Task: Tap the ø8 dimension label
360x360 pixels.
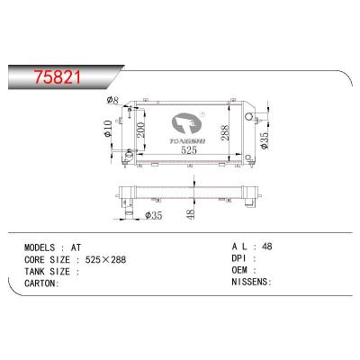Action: coord(113,100)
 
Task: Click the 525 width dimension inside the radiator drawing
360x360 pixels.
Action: coord(188,150)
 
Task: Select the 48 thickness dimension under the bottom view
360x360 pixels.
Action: coord(190,213)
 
